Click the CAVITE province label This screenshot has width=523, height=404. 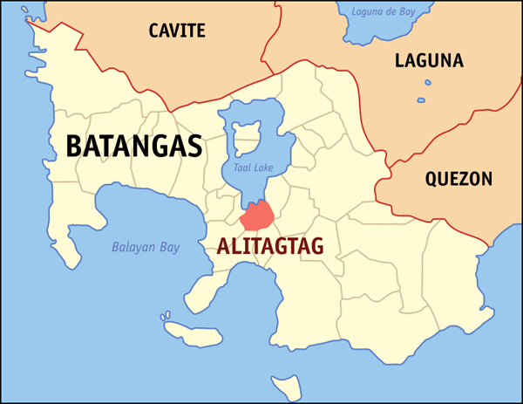[176, 31]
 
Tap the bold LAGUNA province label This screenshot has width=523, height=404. [429, 60]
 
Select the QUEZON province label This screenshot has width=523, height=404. [458, 179]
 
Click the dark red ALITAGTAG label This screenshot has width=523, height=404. [269, 247]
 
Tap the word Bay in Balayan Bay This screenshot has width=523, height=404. [169, 248]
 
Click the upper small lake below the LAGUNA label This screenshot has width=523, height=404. [428, 83]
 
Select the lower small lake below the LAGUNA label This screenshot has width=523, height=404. [421, 100]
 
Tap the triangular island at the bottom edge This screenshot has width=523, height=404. [282, 385]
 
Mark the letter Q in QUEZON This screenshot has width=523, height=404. [432, 179]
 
